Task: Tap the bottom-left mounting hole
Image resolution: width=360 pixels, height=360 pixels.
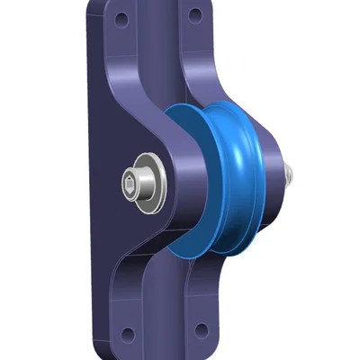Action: click(127, 334)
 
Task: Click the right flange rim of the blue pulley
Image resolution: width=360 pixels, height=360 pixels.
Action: click(270, 171)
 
